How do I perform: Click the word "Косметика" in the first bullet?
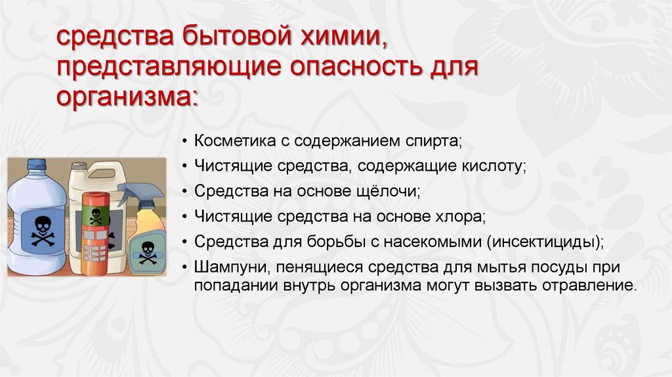point(228,141)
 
